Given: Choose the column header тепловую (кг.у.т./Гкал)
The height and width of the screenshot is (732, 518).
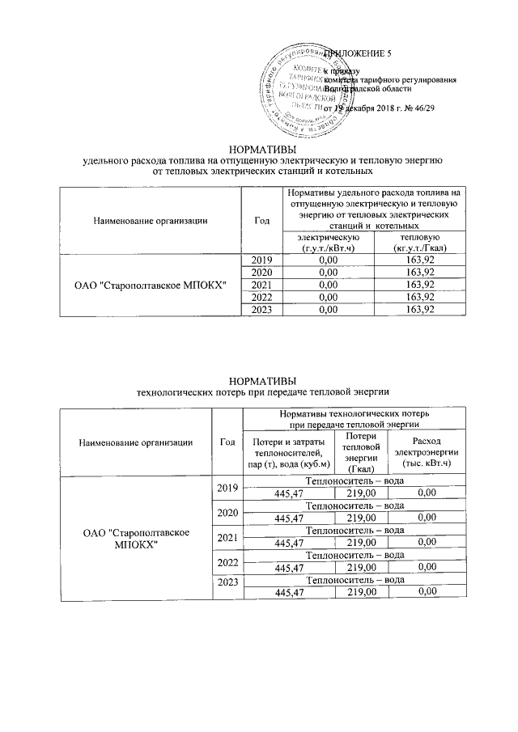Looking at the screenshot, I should (x=417, y=243).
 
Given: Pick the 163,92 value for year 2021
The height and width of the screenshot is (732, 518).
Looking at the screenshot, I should (x=417, y=284).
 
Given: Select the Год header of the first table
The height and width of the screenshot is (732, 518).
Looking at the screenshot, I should (x=261, y=219).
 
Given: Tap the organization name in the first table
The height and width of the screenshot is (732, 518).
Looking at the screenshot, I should (x=150, y=284).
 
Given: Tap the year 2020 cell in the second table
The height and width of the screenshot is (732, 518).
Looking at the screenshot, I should (x=227, y=513).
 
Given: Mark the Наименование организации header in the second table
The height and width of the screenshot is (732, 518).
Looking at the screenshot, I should (x=135, y=442).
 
